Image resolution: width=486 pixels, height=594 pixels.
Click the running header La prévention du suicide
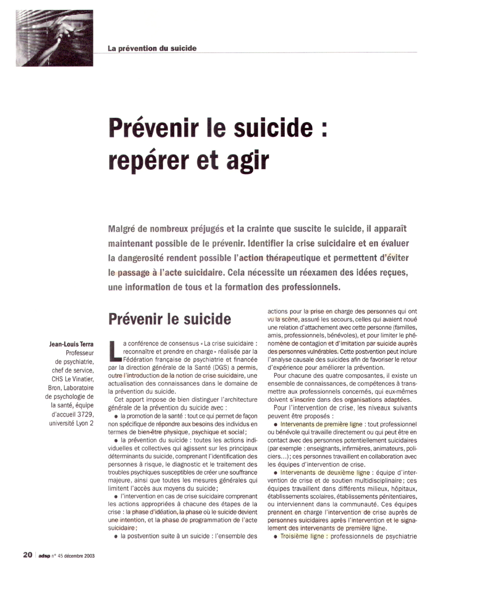coord(152,48)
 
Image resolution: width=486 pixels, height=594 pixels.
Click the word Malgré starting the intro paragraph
coord(124,230)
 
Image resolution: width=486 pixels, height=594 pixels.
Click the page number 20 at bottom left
coord(27,555)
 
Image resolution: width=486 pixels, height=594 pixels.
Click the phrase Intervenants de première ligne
coord(321,424)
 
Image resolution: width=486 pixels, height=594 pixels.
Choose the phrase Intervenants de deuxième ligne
coord(324,472)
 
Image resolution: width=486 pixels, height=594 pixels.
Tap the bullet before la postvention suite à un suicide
coord(116,536)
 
